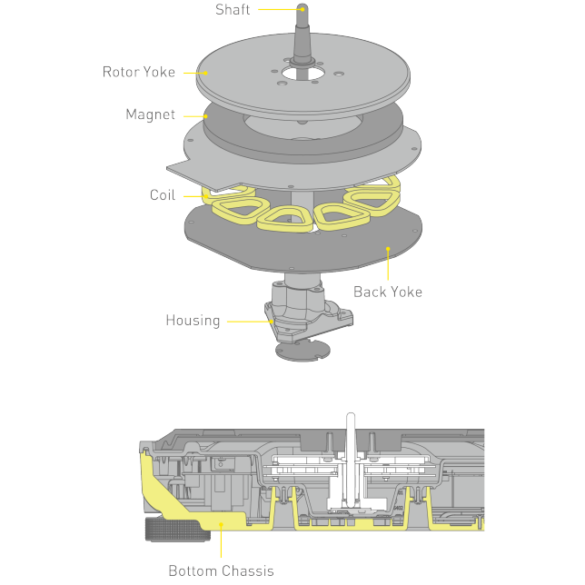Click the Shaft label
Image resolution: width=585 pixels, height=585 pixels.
point(233,10)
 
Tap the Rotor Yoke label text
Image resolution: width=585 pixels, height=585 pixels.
point(139,72)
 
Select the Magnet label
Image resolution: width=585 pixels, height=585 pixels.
point(151,114)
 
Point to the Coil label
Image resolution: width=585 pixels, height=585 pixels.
point(163,194)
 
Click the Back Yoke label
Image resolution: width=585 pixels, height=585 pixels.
point(388,292)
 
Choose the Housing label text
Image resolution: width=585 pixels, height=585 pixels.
point(193,321)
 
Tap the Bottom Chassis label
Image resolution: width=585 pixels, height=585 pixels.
point(222,570)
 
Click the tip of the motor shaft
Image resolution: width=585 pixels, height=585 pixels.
point(302,5)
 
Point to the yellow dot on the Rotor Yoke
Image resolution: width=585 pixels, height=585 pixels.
point(205,73)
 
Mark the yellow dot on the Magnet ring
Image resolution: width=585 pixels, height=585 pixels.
point(205,116)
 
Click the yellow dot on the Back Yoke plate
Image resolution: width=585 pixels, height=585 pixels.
point(388,249)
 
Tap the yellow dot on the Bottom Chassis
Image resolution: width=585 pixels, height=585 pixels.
point(222,525)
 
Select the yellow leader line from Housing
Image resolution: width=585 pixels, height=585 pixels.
point(250,322)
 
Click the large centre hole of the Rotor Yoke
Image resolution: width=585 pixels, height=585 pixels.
point(303,73)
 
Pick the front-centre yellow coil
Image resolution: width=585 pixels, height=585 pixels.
point(284,220)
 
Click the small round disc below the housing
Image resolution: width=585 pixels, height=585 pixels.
point(302,351)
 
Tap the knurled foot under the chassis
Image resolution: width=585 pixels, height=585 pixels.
point(178,530)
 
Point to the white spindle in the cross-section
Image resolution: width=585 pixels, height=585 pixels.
point(351,460)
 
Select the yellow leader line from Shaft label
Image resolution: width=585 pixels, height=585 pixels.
point(280,9)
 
